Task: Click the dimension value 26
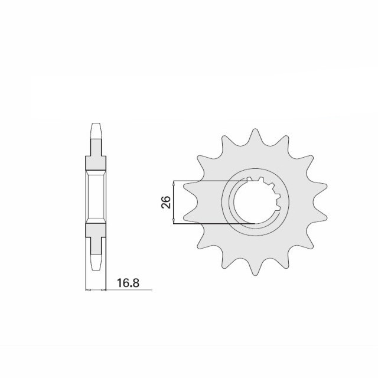[x=167, y=202]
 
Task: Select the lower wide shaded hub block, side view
[x=96, y=230]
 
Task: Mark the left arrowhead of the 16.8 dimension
[x=88, y=290]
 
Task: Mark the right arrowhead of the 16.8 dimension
[x=103, y=290]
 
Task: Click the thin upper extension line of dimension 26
[x=213, y=180]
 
